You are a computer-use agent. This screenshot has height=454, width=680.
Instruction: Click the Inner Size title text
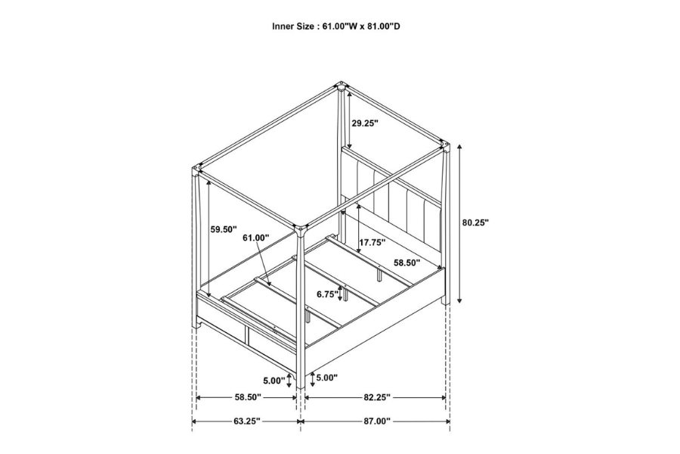pos(336,26)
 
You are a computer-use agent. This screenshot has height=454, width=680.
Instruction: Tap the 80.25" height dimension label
pos(475,222)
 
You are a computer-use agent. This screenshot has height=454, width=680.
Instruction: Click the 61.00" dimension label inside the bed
pos(255,238)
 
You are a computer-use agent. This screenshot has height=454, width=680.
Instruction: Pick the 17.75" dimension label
pos(372,243)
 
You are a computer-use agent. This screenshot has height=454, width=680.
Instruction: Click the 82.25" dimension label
pos(376,397)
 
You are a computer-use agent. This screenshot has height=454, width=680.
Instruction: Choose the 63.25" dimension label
pos(247,421)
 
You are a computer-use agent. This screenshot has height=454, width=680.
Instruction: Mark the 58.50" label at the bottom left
pos(247,397)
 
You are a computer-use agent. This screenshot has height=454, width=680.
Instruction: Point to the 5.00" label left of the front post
pos(275,380)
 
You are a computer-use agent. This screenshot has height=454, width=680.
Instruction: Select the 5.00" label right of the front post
pos(326,378)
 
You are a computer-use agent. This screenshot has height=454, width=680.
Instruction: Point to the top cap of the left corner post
pos(199,168)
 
